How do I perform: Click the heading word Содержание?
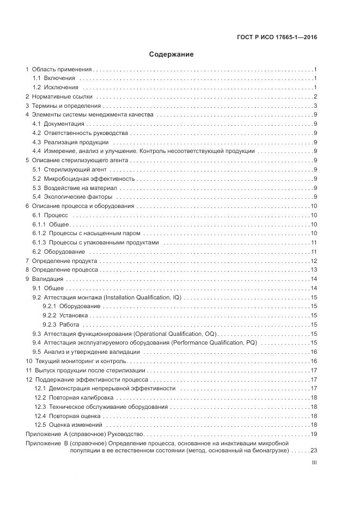coord(171,55)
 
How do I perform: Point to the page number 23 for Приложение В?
coord(313,451)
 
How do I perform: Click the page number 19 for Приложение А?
coord(313,434)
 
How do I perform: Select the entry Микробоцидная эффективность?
coord(89,179)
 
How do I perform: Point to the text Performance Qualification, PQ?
coord(214,343)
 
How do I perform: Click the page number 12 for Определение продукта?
coord(313,261)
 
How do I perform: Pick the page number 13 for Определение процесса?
coord(313,269)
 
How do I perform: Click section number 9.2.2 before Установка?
coord(50,315)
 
